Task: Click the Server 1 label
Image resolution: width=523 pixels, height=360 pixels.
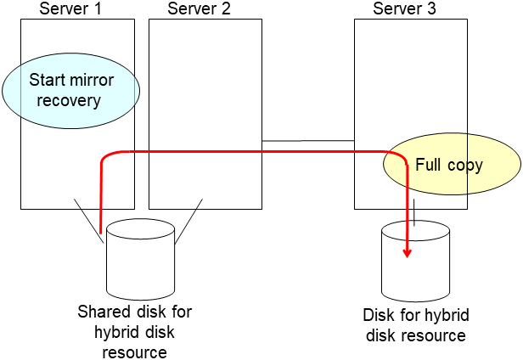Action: pyautogui.click(x=72, y=8)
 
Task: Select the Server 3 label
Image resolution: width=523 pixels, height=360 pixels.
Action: pyautogui.click(x=406, y=8)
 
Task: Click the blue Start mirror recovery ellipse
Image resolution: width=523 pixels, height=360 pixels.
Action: pyautogui.click(x=70, y=91)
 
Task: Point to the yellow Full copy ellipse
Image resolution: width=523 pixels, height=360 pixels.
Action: pyautogui.click(x=451, y=165)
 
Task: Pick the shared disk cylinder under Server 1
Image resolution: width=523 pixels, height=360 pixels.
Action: pyautogui.click(x=140, y=259)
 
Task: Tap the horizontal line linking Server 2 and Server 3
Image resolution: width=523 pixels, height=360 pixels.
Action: pyautogui.click(x=307, y=141)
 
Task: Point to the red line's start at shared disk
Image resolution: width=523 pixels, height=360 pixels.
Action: pyautogui.click(x=101, y=231)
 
